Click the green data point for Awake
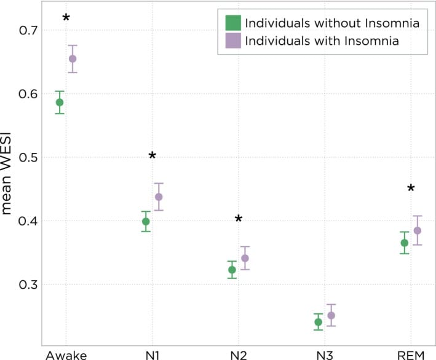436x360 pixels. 60,103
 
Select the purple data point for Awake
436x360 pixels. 73,59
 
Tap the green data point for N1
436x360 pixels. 146,222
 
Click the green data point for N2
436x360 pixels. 232,270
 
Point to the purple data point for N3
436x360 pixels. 331,316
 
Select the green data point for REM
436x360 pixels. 405,243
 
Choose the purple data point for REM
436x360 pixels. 418,231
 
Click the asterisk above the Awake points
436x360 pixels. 66,18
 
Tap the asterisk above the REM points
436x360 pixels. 411,189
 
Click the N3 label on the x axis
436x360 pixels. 325,354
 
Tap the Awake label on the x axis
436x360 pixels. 66,354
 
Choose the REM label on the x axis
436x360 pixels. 411,354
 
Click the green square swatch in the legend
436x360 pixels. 232,23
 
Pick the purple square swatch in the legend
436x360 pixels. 232,41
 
